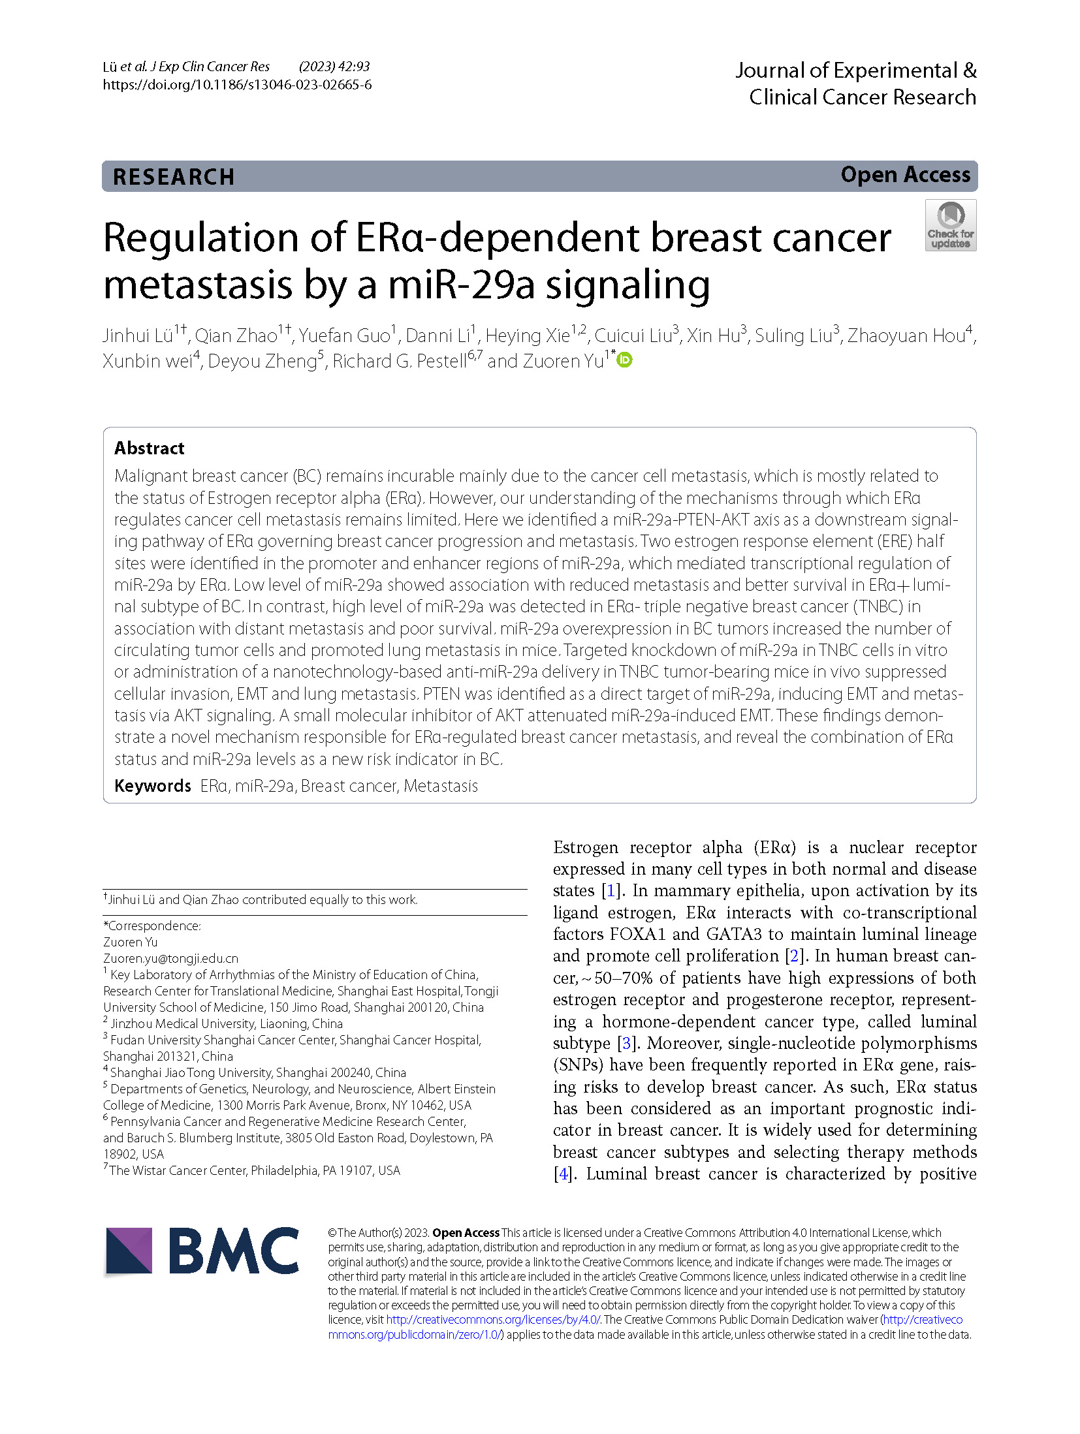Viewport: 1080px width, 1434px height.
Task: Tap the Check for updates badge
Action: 950,225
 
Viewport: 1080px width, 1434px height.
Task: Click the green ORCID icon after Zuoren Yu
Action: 625,360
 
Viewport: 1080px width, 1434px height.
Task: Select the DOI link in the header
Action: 237,85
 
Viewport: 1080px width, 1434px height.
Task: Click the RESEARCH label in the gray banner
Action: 174,177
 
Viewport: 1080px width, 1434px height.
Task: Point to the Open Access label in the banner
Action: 905,175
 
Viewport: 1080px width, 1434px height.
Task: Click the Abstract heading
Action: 150,448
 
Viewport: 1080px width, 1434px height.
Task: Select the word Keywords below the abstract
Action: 153,786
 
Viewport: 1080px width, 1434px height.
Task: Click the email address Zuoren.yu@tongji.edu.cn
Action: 170,958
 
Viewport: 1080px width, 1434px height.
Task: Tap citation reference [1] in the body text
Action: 611,891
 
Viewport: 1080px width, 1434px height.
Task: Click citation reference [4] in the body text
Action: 562,1174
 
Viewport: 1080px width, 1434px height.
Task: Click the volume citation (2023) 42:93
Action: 334,67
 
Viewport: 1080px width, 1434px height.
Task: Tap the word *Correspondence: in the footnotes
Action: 152,926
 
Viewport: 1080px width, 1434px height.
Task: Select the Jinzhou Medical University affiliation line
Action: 226,1023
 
